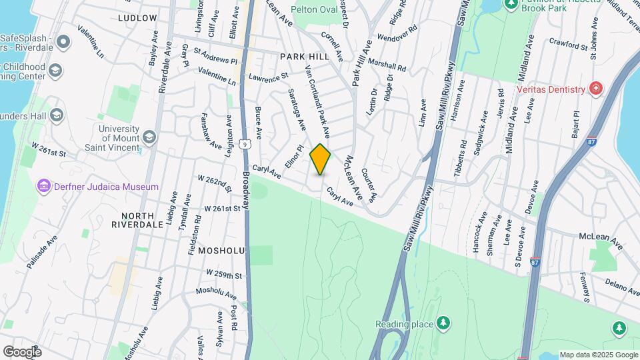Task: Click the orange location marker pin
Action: [x=320, y=159]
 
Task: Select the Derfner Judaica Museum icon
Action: [x=45, y=186]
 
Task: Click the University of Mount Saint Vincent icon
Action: [x=149, y=137]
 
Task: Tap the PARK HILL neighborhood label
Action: [x=305, y=57]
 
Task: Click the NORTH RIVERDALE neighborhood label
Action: [x=138, y=220]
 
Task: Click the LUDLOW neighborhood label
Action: [x=137, y=18]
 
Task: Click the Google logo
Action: [x=21, y=351]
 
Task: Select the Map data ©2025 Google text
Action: [x=598, y=355]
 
